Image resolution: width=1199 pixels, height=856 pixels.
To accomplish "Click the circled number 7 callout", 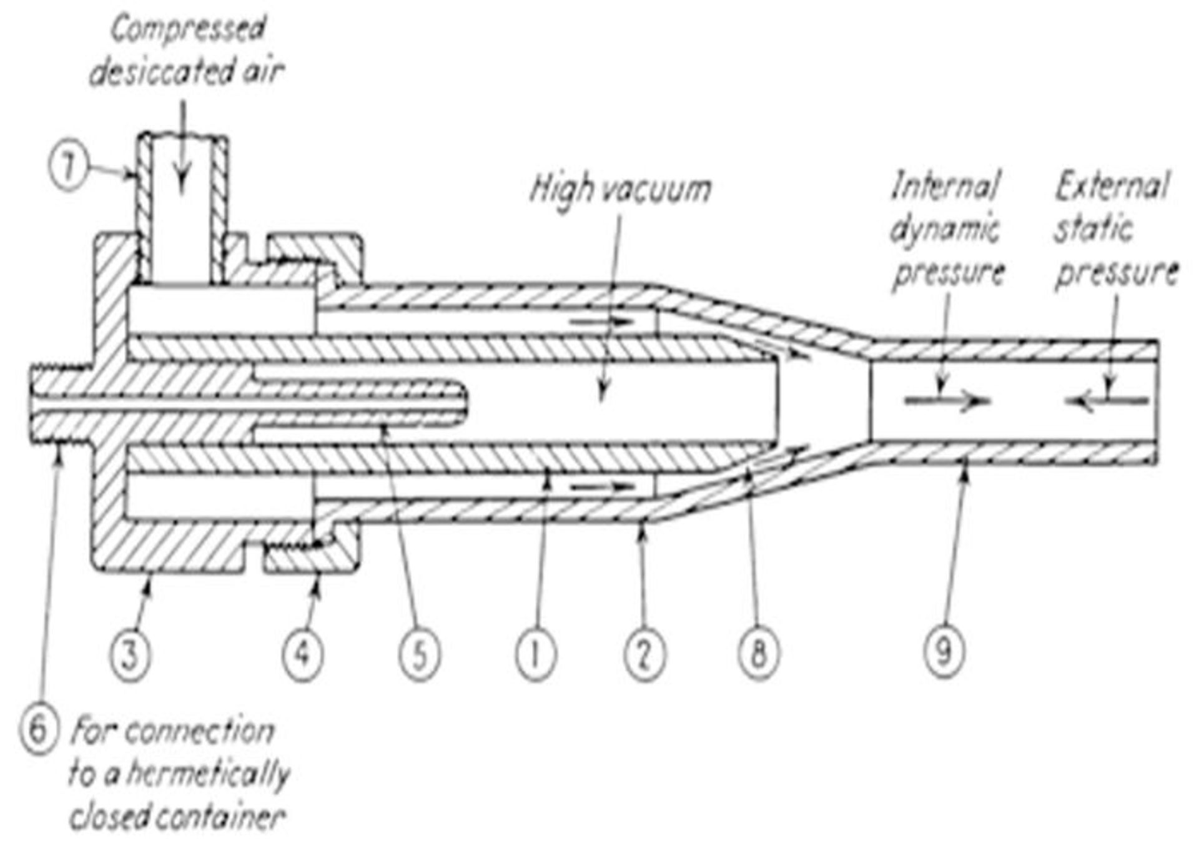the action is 68,168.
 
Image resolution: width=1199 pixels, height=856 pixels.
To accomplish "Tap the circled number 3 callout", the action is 131,656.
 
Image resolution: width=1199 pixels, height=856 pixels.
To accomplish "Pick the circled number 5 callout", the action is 420,656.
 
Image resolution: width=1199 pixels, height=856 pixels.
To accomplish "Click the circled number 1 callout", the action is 536,656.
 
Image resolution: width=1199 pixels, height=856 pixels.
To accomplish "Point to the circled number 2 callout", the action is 645,656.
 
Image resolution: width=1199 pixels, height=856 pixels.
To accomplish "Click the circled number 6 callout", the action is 38,729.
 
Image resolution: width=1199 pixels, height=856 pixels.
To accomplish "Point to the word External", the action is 1112,186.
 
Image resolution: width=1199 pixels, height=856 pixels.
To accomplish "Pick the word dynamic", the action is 944,230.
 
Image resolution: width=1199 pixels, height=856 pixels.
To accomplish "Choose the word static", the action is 1093,229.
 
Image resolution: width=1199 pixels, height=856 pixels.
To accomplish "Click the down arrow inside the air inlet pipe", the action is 182,143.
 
